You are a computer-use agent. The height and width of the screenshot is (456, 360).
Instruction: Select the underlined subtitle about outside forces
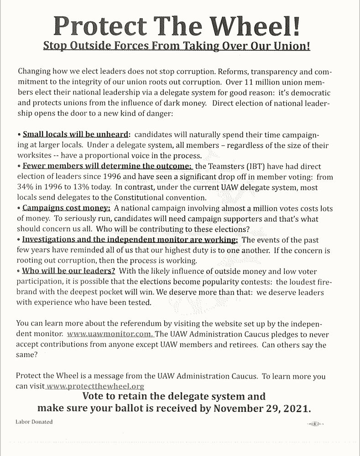177,47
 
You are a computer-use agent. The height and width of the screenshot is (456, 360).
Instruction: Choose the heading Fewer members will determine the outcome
108,166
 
